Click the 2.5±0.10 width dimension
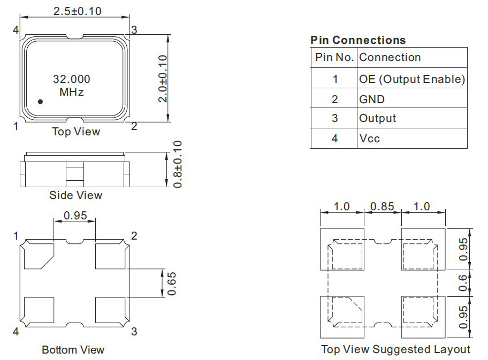(77, 11)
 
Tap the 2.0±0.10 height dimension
(163, 79)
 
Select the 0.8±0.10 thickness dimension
(177, 164)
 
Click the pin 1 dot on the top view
(40, 102)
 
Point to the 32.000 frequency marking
(72, 79)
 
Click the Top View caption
(76, 132)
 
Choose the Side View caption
(75, 195)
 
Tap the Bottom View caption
(73, 350)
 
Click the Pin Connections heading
(358, 40)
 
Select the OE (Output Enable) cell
(412, 79)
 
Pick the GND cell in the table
(372, 99)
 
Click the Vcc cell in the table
(369, 139)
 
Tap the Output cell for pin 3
(378, 118)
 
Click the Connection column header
(390, 57)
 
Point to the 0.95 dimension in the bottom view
(75, 216)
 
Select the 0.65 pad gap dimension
(171, 284)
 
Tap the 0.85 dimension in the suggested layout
(382, 206)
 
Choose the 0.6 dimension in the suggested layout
(463, 283)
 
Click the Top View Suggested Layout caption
(395, 349)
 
